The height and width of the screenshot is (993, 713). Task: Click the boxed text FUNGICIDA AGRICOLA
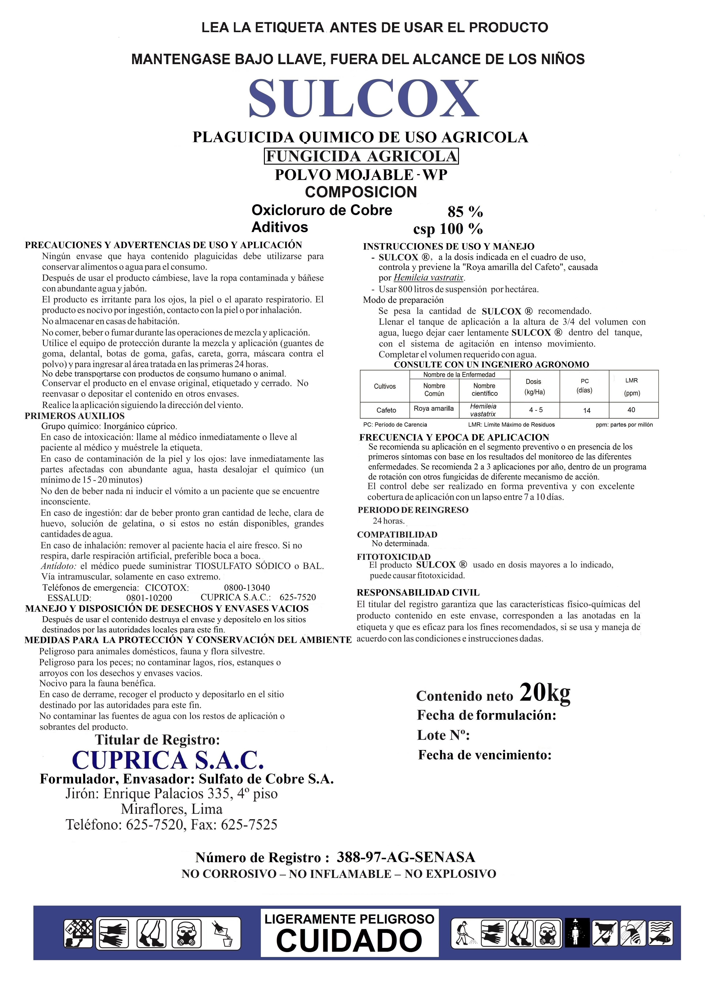(361, 156)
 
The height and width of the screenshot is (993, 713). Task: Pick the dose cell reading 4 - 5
(535, 410)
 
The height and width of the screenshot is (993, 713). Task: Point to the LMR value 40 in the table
(631, 410)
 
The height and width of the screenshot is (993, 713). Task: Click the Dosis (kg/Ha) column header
(534, 387)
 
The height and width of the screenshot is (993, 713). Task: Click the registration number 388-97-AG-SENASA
(406, 857)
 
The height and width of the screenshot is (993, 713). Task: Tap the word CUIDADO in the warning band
(349, 940)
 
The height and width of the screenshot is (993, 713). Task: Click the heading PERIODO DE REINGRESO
(413, 510)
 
